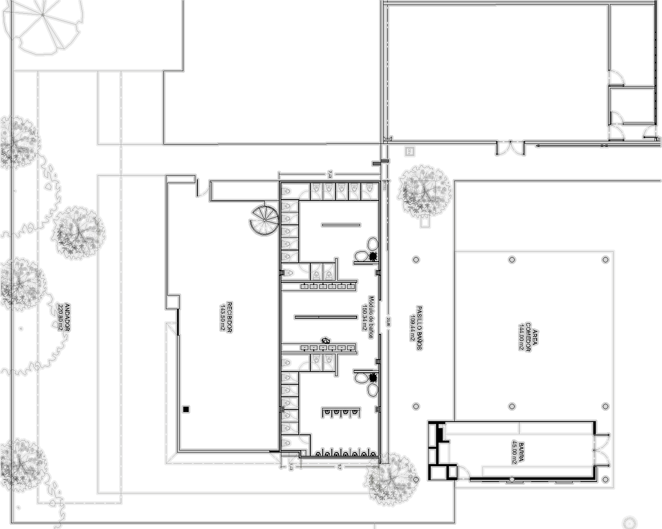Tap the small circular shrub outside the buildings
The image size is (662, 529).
pos(629,522)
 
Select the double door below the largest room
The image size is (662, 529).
pos(510,149)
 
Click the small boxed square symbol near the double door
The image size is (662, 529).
pos(409,152)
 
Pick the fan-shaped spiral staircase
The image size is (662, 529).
pos(261,223)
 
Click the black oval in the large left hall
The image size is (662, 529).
pos(227,317)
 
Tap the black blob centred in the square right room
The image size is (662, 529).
pos(528,337)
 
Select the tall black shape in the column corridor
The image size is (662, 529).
pos(416,329)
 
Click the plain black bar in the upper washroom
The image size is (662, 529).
pos(341,225)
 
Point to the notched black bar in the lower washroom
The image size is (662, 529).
pos(341,412)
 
